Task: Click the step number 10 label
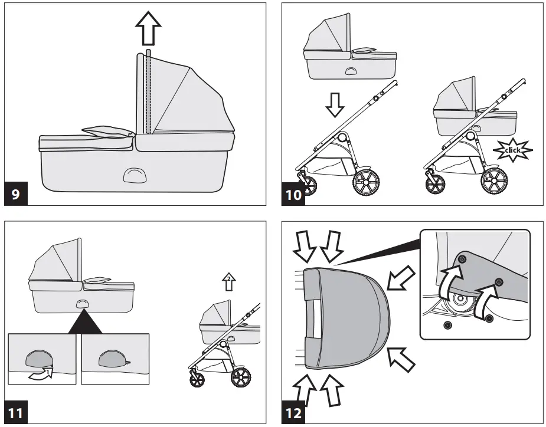pyautogui.click(x=294, y=195)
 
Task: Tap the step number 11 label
pyautogui.click(x=17, y=413)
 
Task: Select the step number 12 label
pyautogui.click(x=294, y=413)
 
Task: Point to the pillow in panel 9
pyautogui.click(x=106, y=132)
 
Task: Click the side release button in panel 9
pyautogui.click(x=134, y=175)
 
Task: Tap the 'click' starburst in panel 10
pyautogui.click(x=512, y=150)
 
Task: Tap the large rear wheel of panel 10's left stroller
pyautogui.click(x=365, y=182)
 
